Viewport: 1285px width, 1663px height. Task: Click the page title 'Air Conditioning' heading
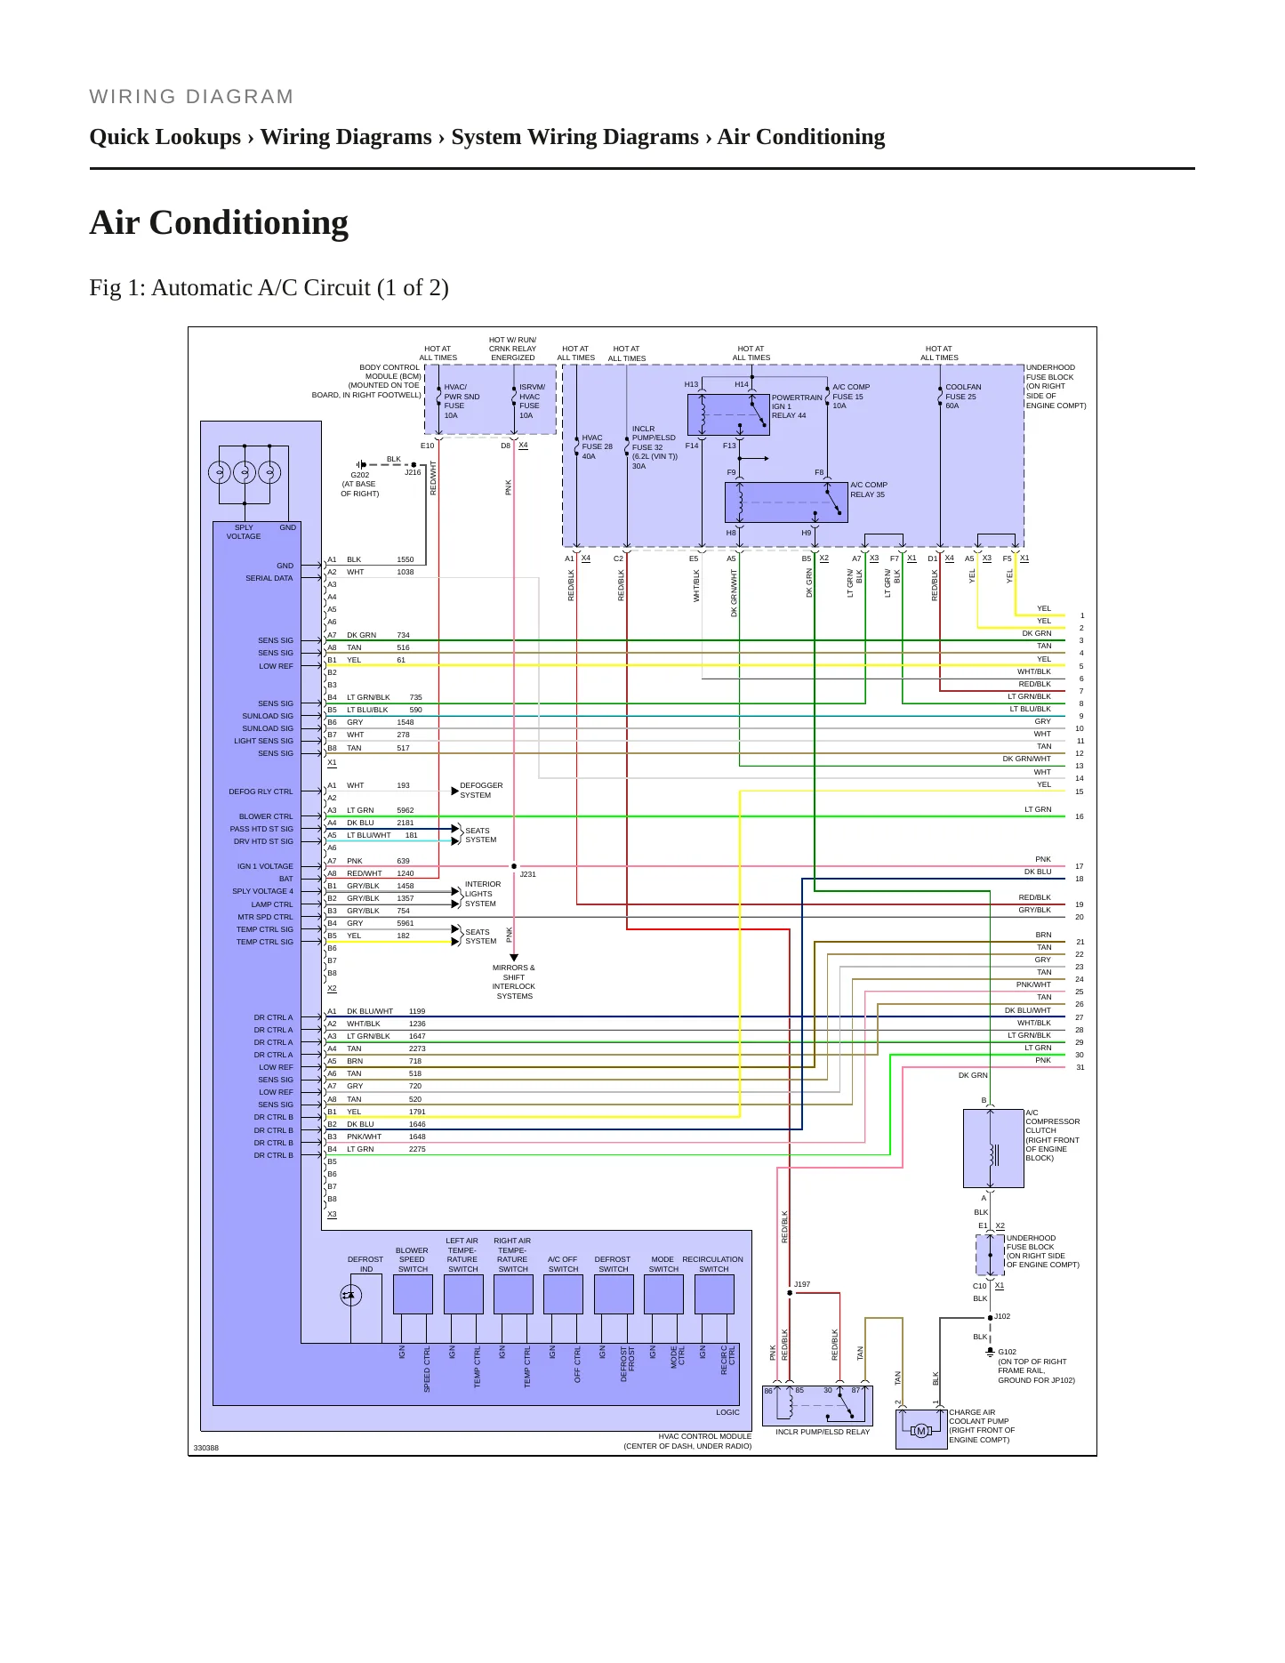219,223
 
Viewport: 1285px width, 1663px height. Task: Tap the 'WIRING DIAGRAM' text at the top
191,97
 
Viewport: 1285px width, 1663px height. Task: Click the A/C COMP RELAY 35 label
869,490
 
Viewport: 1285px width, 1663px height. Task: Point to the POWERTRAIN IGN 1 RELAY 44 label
797,406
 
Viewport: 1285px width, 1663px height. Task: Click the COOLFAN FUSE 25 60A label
963,397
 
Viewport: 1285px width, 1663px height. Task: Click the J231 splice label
527,874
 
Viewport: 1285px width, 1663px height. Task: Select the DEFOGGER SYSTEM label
481,791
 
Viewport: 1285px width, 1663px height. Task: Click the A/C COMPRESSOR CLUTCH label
1053,1136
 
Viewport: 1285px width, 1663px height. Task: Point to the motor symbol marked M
921,1431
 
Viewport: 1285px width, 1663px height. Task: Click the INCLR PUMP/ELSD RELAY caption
823,1432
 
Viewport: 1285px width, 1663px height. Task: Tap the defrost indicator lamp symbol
350,1296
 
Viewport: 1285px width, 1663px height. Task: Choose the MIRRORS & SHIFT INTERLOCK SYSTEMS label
514,982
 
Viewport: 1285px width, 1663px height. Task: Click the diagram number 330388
206,1448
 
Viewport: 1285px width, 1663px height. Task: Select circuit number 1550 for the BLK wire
406,559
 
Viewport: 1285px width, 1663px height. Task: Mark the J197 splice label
802,1284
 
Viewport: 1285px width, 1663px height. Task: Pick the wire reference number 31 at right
1080,1067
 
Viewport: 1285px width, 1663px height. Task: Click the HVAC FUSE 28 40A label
598,446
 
